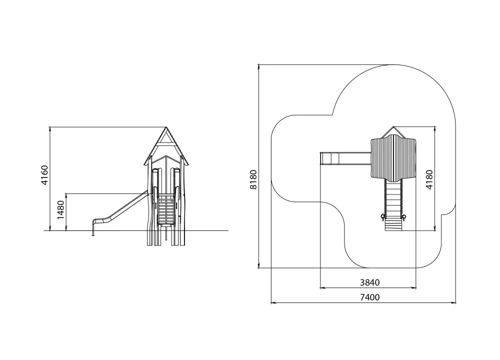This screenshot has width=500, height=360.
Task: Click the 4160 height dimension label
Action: tap(44, 174)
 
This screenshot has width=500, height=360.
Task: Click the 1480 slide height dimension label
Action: tap(60, 210)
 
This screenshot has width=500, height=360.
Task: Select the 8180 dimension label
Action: tap(253, 179)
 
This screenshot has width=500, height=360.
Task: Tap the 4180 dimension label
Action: tap(429, 179)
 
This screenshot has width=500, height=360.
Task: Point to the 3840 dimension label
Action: tap(370, 282)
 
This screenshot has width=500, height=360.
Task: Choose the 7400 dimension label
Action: tap(370, 297)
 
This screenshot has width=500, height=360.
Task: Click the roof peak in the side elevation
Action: tap(166, 127)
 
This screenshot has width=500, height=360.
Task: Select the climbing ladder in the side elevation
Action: tap(166, 209)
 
